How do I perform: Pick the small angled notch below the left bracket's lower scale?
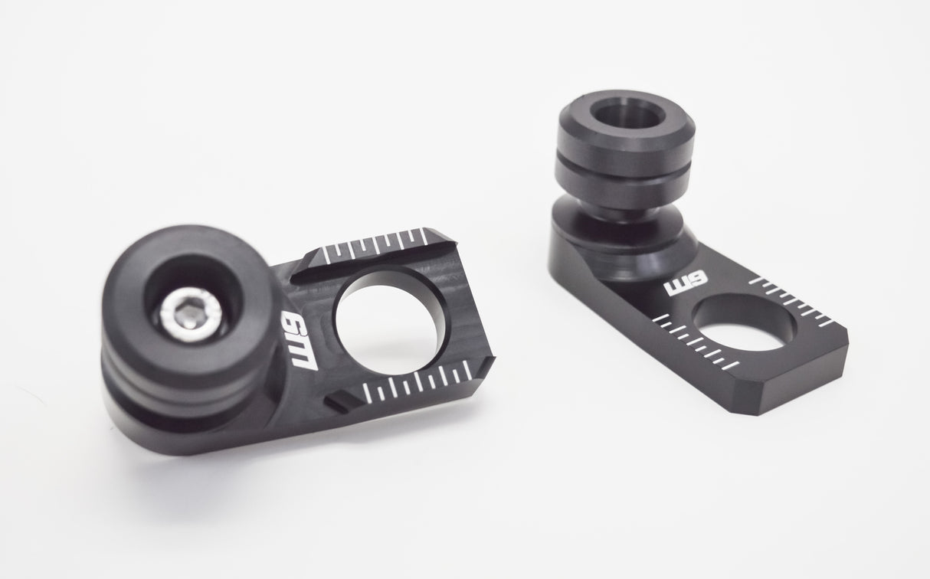point(337,400)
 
